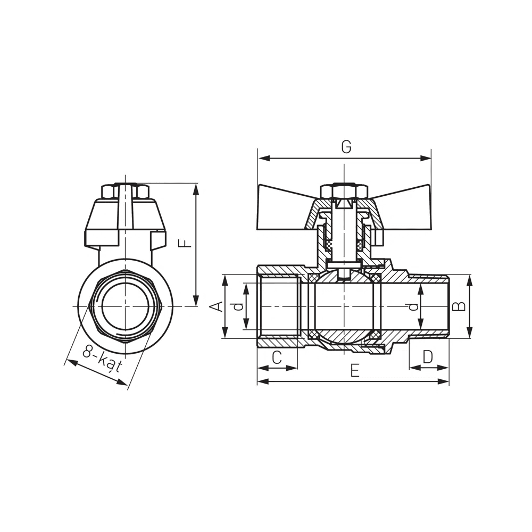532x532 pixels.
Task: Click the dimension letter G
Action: pos(346,147)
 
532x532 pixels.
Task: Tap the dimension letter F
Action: pos(185,244)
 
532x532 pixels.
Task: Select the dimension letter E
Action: pos(355,371)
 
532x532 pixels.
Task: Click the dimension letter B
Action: pos(460,306)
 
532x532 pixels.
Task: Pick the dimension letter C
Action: pos(277,358)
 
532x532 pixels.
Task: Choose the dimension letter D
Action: pos(428,357)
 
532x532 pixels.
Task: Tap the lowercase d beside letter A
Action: pos(239,307)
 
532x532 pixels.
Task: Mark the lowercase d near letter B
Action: pos(413,307)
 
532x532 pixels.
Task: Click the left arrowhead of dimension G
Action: pos(264,158)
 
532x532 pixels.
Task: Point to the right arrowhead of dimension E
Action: pos(443,381)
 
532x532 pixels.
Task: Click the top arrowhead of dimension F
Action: pos(196,189)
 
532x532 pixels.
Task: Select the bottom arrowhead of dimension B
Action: pos(469,332)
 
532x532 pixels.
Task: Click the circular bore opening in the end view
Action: pos(125,306)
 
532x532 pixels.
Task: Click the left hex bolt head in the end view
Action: pos(108,192)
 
